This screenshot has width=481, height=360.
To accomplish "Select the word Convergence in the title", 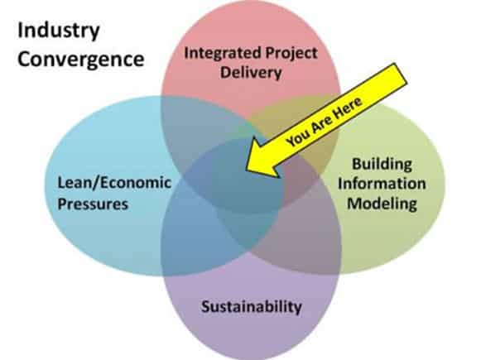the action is [x=81, y=60].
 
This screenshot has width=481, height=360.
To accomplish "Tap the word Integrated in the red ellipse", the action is [x=223, y=54].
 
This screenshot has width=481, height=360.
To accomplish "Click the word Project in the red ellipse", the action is [x=291, y=54].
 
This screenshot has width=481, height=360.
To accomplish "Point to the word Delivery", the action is [x=251, y=74].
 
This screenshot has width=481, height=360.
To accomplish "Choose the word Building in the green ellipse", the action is [x=382, y=165].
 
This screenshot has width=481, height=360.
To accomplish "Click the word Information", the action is [x=382, y=184].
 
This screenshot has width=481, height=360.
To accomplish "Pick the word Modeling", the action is [x=382, y=204].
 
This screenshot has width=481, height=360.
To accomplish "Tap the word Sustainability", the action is [x=252, y=307].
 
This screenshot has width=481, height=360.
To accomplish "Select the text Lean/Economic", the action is [x=114, y=183].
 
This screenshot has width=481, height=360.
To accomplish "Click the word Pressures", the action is [x=93, y=204].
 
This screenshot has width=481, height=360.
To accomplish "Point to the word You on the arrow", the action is [x=298, y=137].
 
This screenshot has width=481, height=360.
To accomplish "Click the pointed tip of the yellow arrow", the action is [x=247, y=168].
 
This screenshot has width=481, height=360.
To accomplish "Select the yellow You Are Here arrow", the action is [x=326, y=120].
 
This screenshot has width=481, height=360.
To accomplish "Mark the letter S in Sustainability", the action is [x=207, y=306].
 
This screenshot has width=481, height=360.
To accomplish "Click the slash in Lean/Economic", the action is [x=96, y=183].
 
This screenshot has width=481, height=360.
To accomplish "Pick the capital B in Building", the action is [x=358, y=164].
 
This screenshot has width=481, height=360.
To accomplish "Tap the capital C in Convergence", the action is [x=25, y=60].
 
